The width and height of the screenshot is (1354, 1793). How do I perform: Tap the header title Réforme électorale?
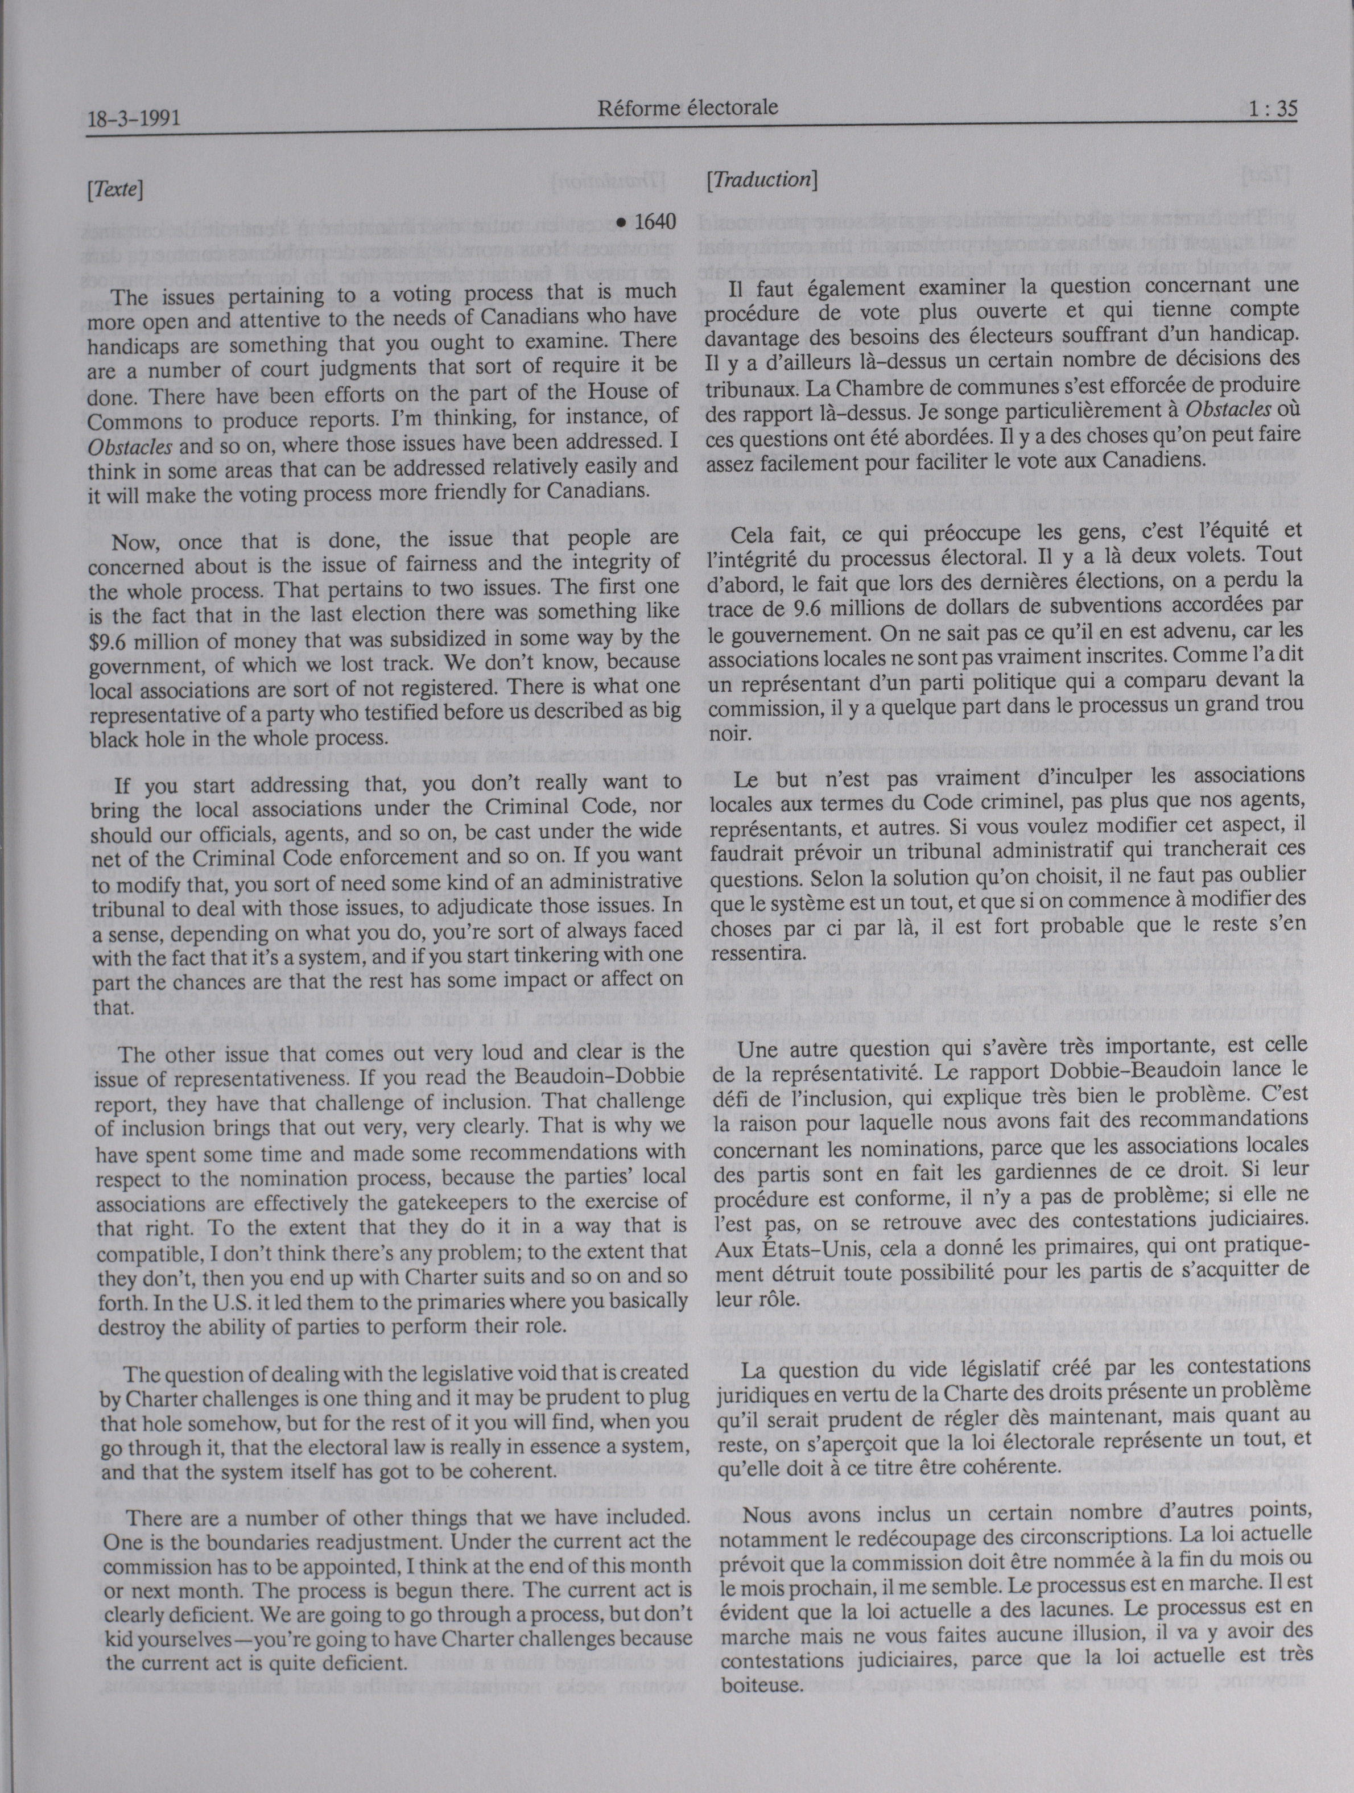688,108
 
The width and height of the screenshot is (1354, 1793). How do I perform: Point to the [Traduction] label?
761,179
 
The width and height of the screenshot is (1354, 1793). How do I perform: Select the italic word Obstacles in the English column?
130,445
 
